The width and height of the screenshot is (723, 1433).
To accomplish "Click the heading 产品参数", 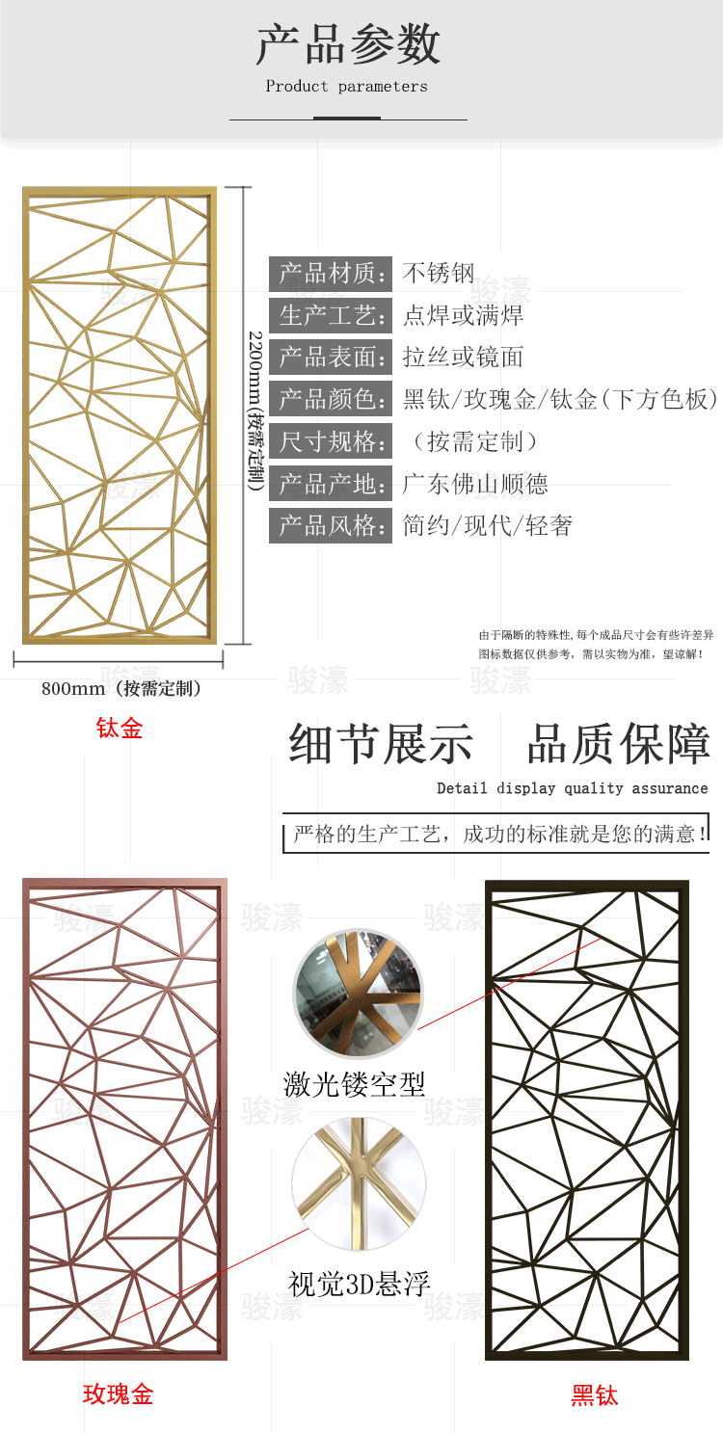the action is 348,44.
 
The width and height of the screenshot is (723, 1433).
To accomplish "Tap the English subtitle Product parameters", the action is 347,87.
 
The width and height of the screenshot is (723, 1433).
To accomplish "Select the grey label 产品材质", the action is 330,274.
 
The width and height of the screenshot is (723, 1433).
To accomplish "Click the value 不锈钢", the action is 439,273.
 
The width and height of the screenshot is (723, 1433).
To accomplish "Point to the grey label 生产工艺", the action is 330,315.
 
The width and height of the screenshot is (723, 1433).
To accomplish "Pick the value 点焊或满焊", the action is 464,315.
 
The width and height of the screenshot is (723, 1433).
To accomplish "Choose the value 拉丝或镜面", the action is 464,357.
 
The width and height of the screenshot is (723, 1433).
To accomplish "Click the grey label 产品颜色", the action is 330,399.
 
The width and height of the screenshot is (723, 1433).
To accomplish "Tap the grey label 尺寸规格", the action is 330,441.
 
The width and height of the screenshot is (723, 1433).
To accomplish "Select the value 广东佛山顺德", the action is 475,484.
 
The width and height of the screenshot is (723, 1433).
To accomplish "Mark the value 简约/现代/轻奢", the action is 488,526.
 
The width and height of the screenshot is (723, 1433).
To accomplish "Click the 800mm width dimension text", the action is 121,689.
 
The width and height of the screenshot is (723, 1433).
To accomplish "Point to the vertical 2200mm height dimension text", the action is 255,411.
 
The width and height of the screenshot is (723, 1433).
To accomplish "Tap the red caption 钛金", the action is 119,728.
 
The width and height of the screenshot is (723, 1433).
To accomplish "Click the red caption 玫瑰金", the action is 119,1394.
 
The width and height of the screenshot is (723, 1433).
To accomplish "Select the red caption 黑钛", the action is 595,1395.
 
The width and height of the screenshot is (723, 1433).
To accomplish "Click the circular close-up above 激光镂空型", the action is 359,994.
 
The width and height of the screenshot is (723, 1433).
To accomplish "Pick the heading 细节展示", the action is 382,744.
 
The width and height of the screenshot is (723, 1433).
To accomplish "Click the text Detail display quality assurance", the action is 572,788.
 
